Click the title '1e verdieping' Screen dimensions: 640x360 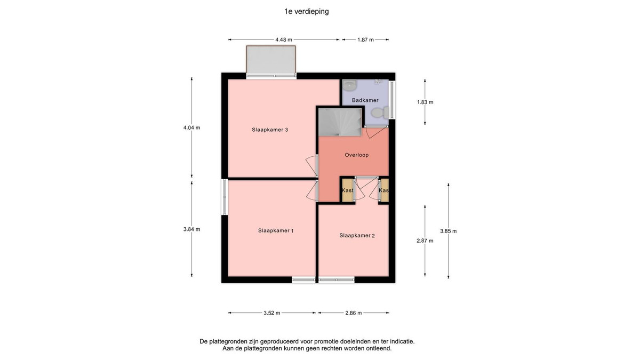tap(306, 11)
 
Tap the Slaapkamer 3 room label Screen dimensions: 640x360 tap(270, 130)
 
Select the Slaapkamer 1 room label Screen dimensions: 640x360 tap(276, 230)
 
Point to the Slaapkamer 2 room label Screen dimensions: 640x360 tap(357, 235)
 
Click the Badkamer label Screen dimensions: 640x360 tap(365, 100)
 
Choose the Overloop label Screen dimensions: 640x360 tap(357, 155)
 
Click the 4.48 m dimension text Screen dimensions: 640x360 tap(284, 39)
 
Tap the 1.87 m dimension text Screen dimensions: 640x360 tap(365, 39)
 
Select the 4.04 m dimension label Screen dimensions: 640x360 tap(191, 127)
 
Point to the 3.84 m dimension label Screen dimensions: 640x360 tap(191, 229)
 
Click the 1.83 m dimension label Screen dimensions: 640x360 tap(425, 102)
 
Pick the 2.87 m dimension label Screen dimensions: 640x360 tap(425, 241)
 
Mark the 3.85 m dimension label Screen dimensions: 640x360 tap(449, 231)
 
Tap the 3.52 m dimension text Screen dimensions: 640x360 tap(271, 313)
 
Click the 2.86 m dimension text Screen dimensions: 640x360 tap(354, 313)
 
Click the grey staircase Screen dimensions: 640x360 tap(340, 122)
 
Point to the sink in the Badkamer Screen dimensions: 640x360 tap(350, 84)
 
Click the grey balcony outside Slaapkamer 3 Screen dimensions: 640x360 tap(271, 59)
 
